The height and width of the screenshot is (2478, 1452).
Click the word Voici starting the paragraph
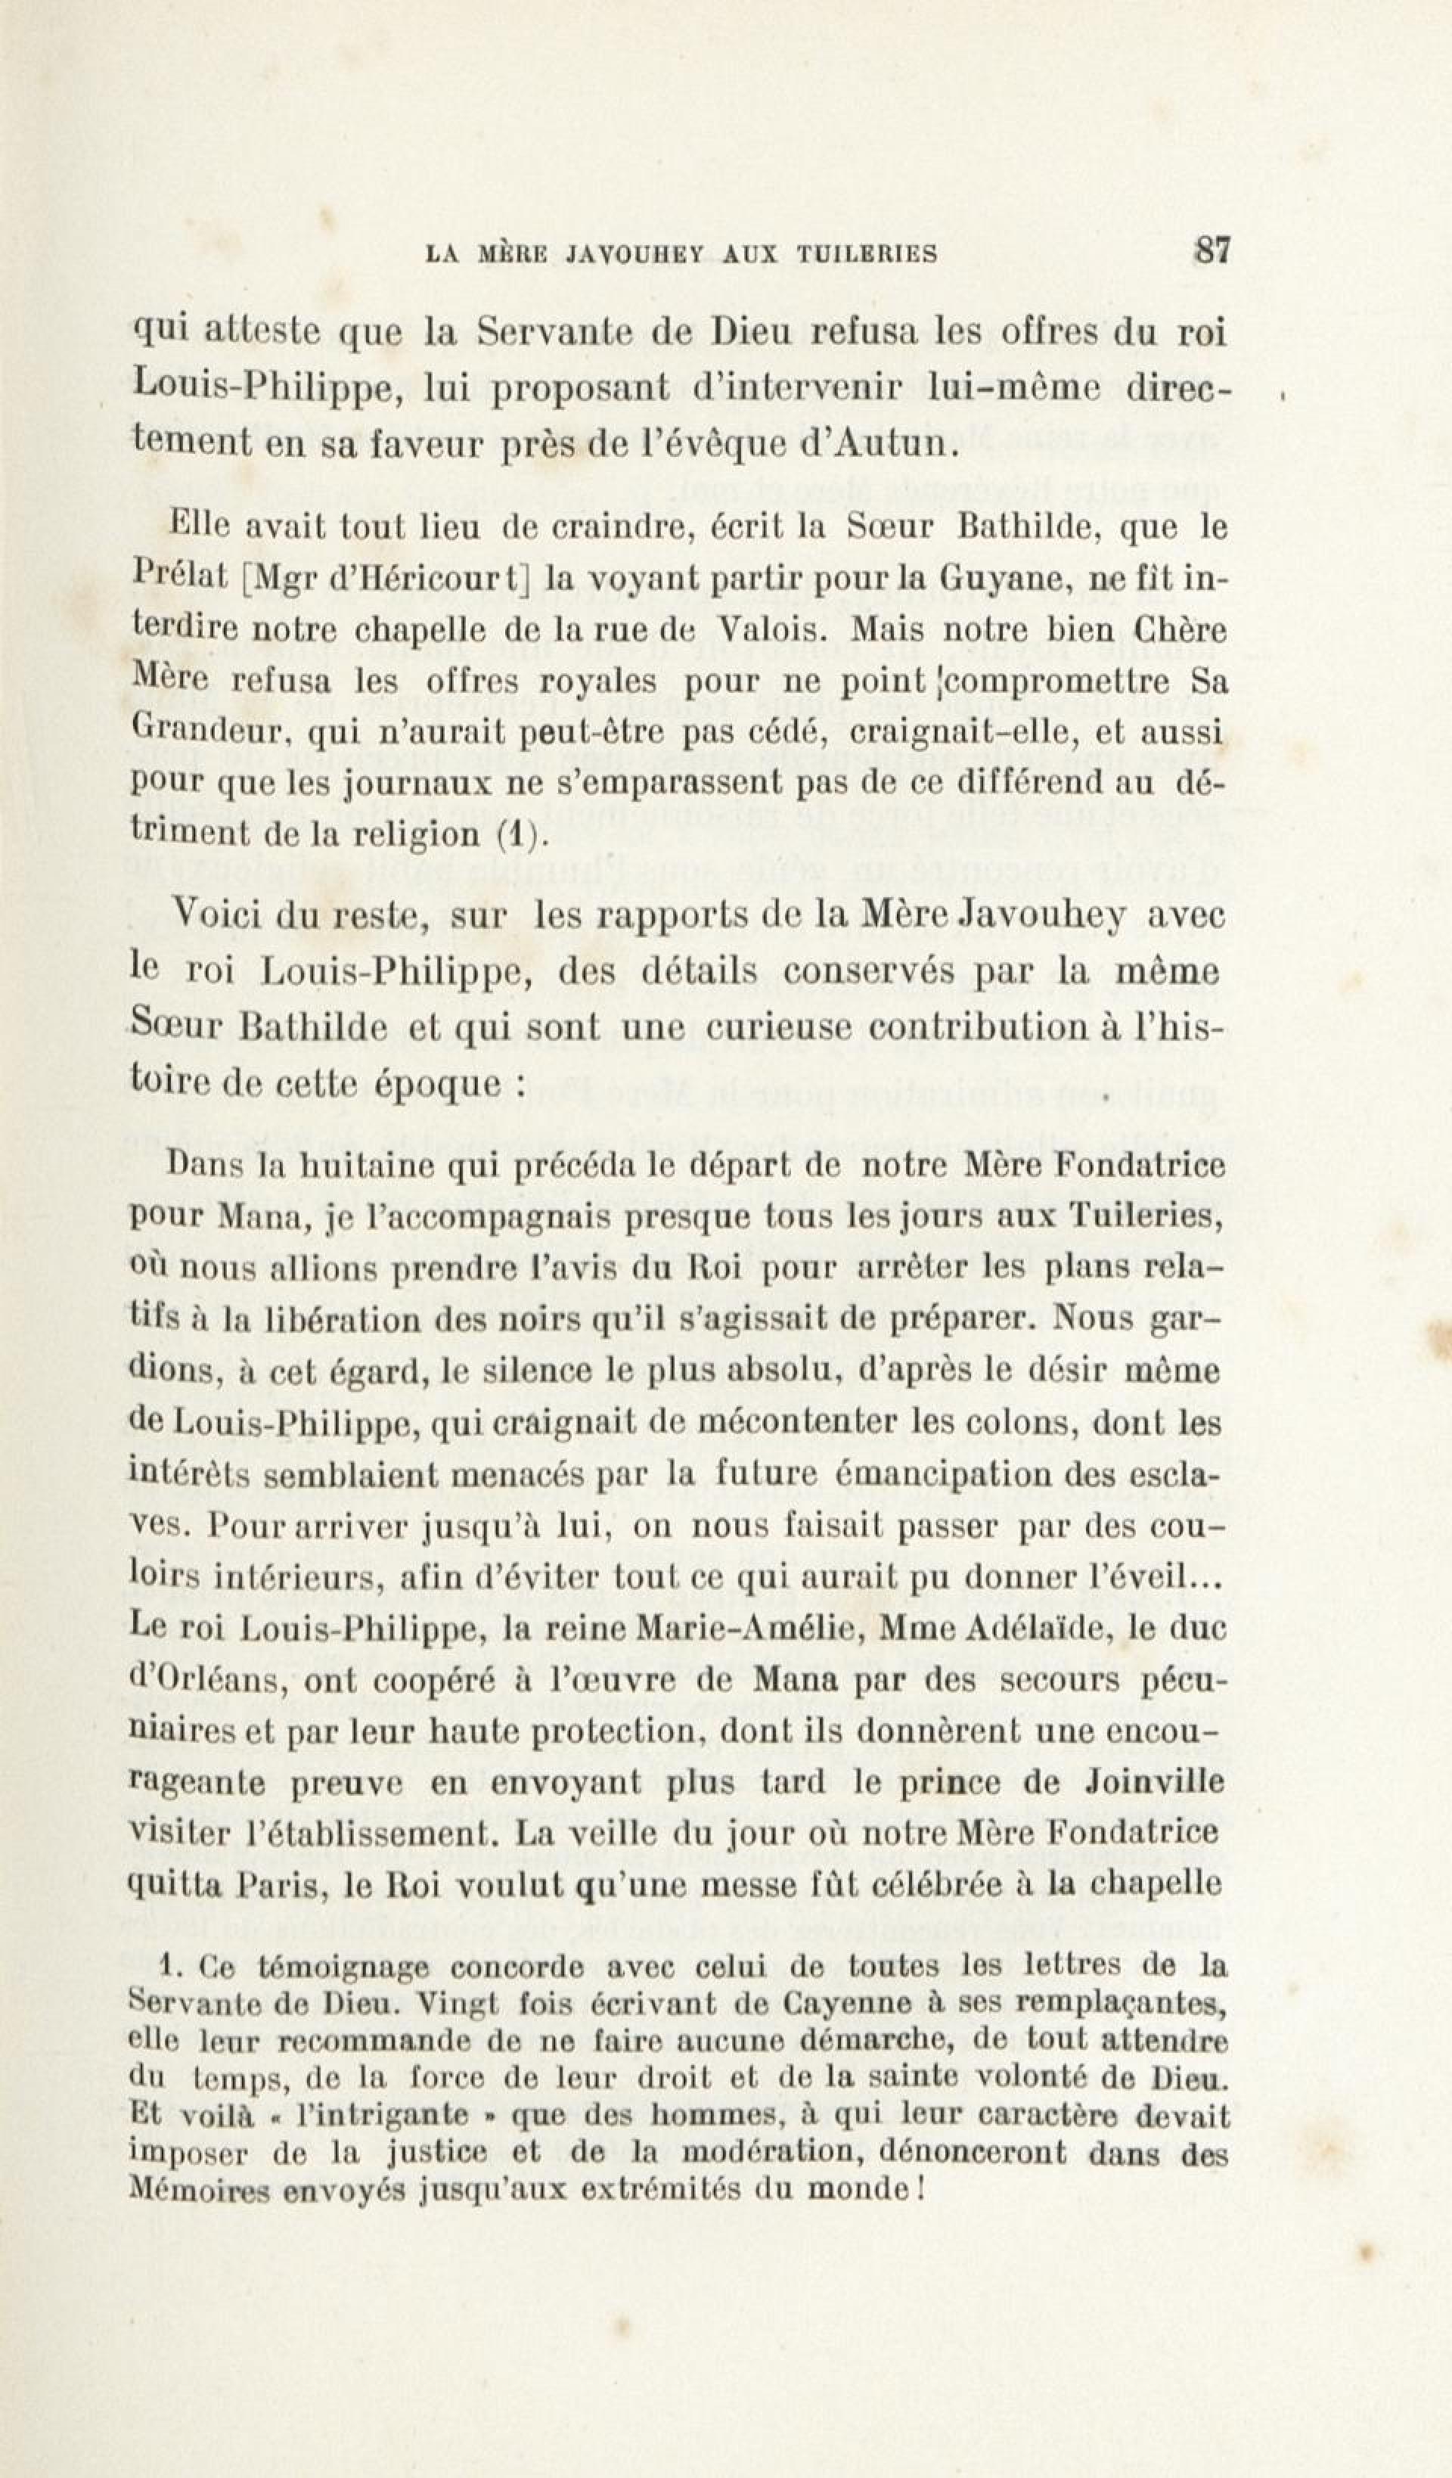click(216, 917)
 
